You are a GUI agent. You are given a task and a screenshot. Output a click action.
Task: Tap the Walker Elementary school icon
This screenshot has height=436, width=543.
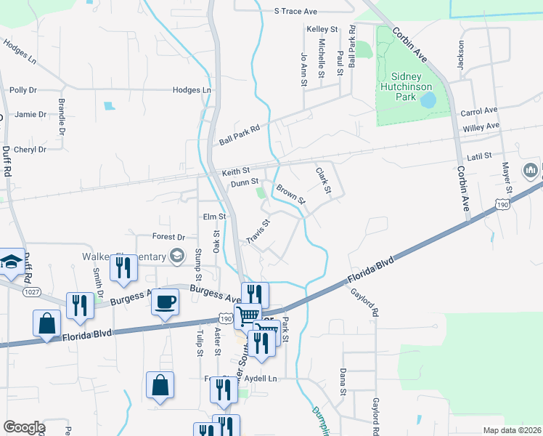coord(176,255)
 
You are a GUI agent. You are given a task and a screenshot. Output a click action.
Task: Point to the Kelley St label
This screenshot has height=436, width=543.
coord(323,29)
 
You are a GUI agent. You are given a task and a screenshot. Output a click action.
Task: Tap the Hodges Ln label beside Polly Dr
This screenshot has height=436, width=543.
coord(192,90)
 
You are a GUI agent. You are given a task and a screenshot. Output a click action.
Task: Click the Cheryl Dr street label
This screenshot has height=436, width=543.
coord(30,150)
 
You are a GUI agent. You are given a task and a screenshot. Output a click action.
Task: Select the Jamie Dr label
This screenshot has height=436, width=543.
coord(30,114)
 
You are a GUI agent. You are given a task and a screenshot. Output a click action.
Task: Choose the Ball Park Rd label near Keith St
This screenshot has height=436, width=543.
coord(240,131)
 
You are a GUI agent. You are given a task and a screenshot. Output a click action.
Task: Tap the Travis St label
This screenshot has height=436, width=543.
coord(258,231)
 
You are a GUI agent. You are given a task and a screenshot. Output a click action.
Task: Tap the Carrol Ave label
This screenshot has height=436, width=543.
coord(479,112)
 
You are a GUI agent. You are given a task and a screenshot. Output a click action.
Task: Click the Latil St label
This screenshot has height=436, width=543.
coord(480,156)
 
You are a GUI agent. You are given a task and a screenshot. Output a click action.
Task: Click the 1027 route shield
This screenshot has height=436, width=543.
coord(31,291)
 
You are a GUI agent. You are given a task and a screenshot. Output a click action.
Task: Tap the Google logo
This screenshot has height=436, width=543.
coord(23,427)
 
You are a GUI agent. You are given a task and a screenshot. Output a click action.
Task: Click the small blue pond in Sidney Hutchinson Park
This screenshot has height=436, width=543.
coord(428,99)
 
